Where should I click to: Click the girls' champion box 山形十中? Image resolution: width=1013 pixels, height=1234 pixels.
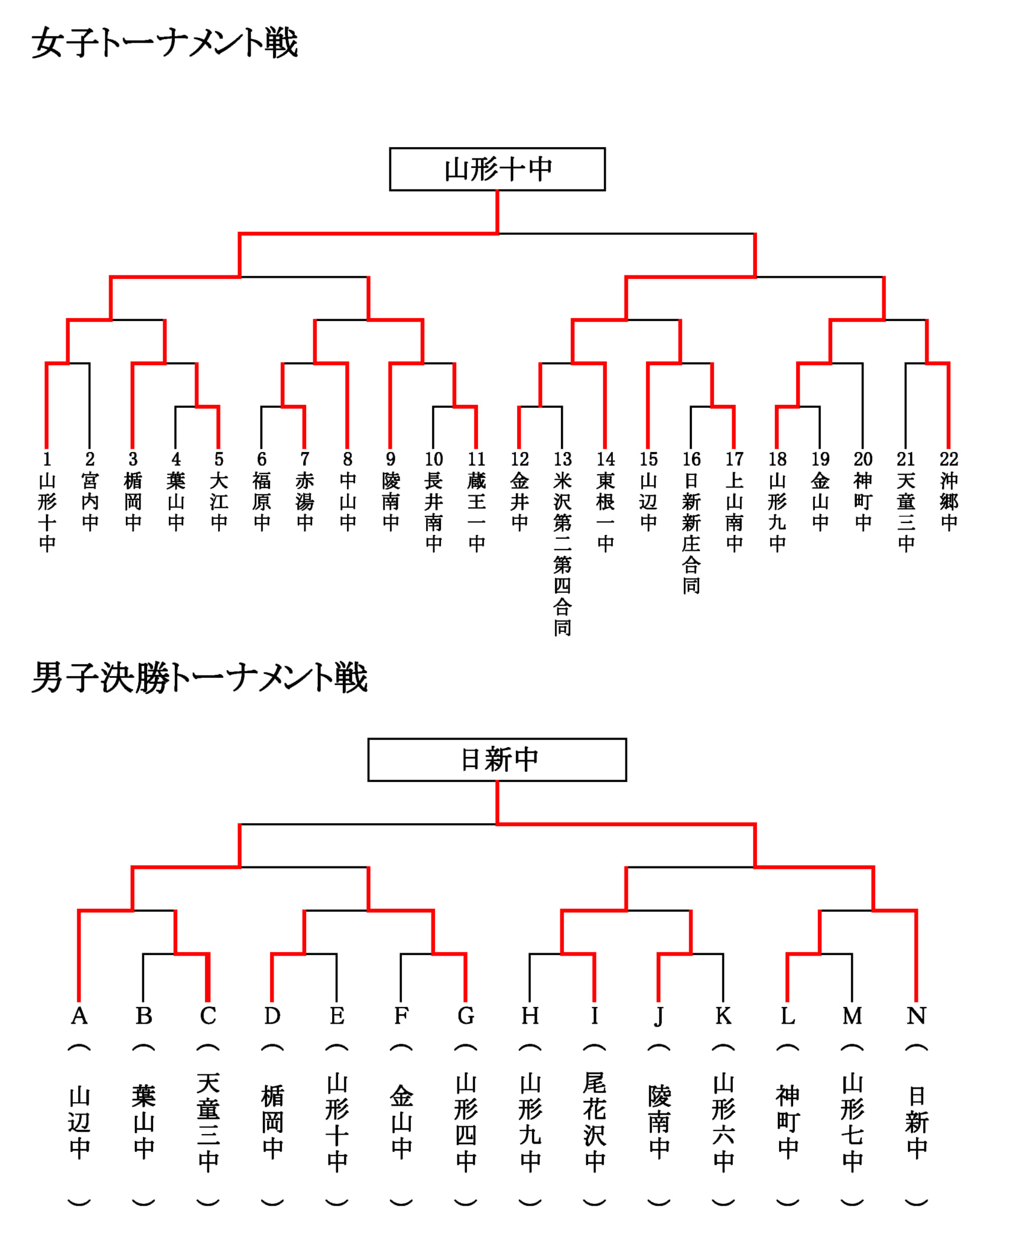click(497, 169)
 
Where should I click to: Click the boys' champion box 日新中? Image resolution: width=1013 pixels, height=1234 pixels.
click(497, 760)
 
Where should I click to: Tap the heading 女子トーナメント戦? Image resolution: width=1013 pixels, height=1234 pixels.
click(165, 43)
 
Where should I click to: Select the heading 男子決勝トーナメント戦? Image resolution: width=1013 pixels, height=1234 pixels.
click(199, 678)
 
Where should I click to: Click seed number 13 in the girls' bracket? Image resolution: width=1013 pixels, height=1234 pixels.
click(562, 459)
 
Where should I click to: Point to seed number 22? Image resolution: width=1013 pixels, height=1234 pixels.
click(949, 459)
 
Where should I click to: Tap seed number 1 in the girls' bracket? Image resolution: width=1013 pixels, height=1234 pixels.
click(47, 459)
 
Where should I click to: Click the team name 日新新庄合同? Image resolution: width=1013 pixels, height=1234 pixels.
click(691, 533)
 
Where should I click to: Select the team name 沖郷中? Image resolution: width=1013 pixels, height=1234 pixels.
click(949, 501)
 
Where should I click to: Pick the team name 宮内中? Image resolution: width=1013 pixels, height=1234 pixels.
click(90, 501)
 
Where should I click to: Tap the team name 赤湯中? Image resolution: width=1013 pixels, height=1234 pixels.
click(304, 501)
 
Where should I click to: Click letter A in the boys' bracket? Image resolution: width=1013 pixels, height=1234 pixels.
click(80, 1016)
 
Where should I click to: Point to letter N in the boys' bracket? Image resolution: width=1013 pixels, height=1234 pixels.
click(916, 1016)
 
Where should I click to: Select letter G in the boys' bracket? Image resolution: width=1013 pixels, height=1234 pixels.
click(465, 1016)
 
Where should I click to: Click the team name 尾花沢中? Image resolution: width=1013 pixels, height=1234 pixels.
click(594, 1122)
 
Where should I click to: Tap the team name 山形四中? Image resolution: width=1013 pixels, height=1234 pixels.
click(465, 1122)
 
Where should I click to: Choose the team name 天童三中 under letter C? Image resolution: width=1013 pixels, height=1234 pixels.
click(208, 1122)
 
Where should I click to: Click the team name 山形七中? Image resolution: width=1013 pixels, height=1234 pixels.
click(852, 1122)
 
